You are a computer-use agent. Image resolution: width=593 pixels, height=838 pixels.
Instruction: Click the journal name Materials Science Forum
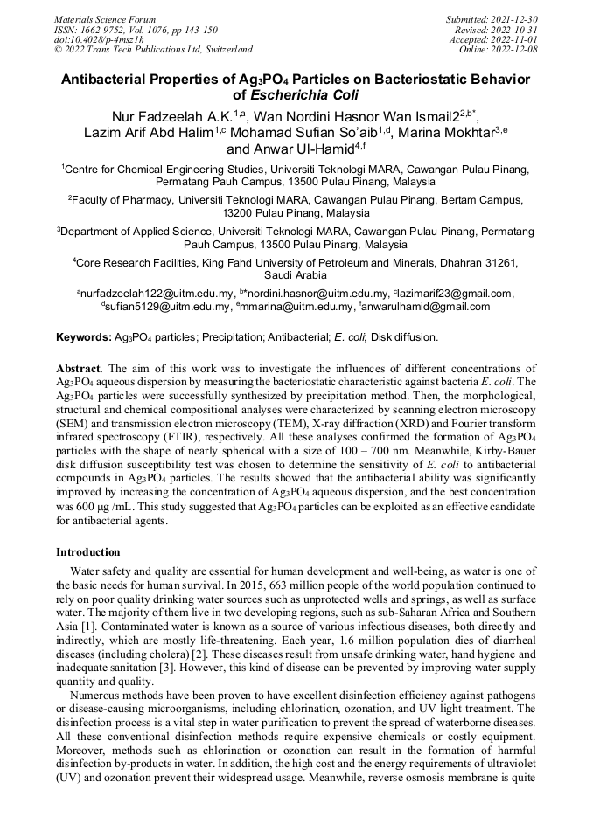coord(105,18)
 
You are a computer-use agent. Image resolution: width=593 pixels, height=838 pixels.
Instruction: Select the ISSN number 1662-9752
coord(110,29)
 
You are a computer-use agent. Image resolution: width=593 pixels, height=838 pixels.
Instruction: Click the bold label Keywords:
coord(84,336)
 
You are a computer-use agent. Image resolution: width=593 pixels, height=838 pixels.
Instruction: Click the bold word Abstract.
coord(80,370)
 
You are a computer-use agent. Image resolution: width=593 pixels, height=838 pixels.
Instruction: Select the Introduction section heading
coord(87,552)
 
